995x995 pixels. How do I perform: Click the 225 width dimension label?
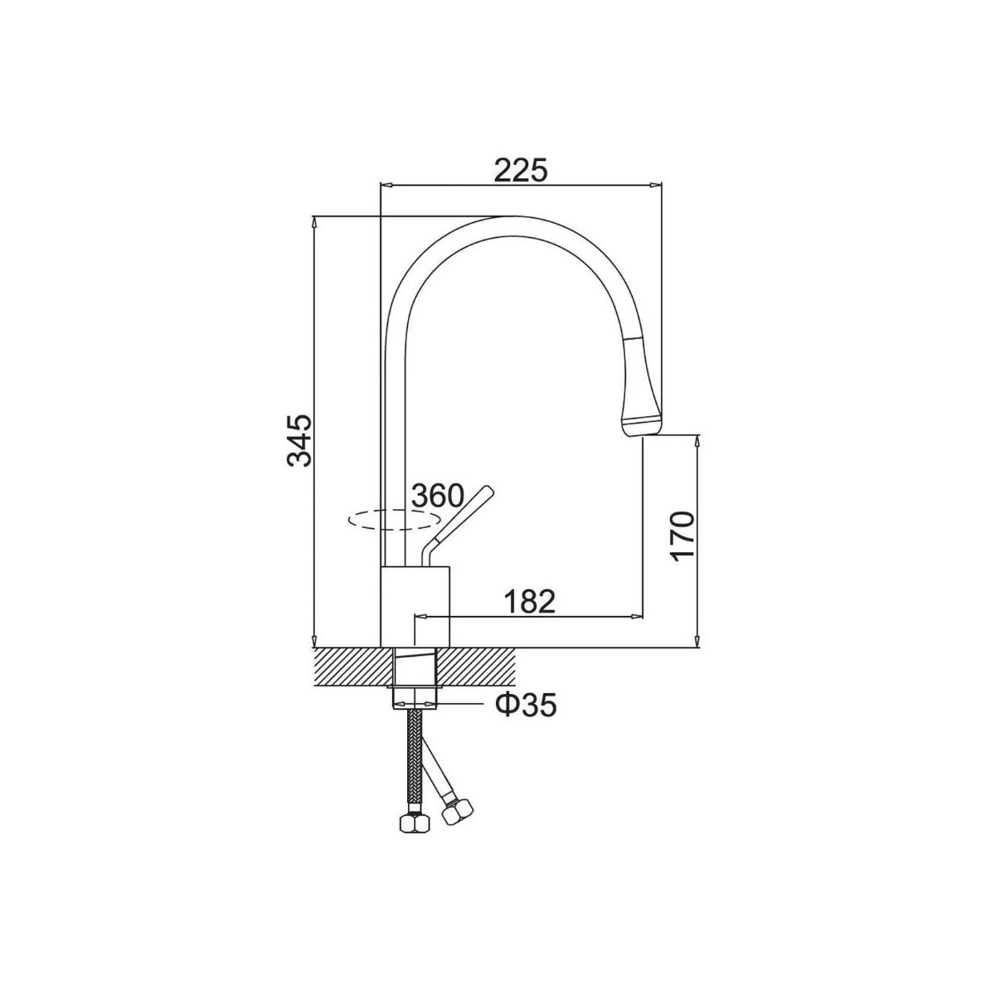(520, 171)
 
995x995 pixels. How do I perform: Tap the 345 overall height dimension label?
(299, 440)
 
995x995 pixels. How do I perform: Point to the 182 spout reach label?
(529, 601)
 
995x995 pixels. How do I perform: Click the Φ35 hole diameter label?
(527, 706)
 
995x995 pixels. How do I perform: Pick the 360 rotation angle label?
(438, 496)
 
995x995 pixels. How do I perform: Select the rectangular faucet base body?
(415, 607)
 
